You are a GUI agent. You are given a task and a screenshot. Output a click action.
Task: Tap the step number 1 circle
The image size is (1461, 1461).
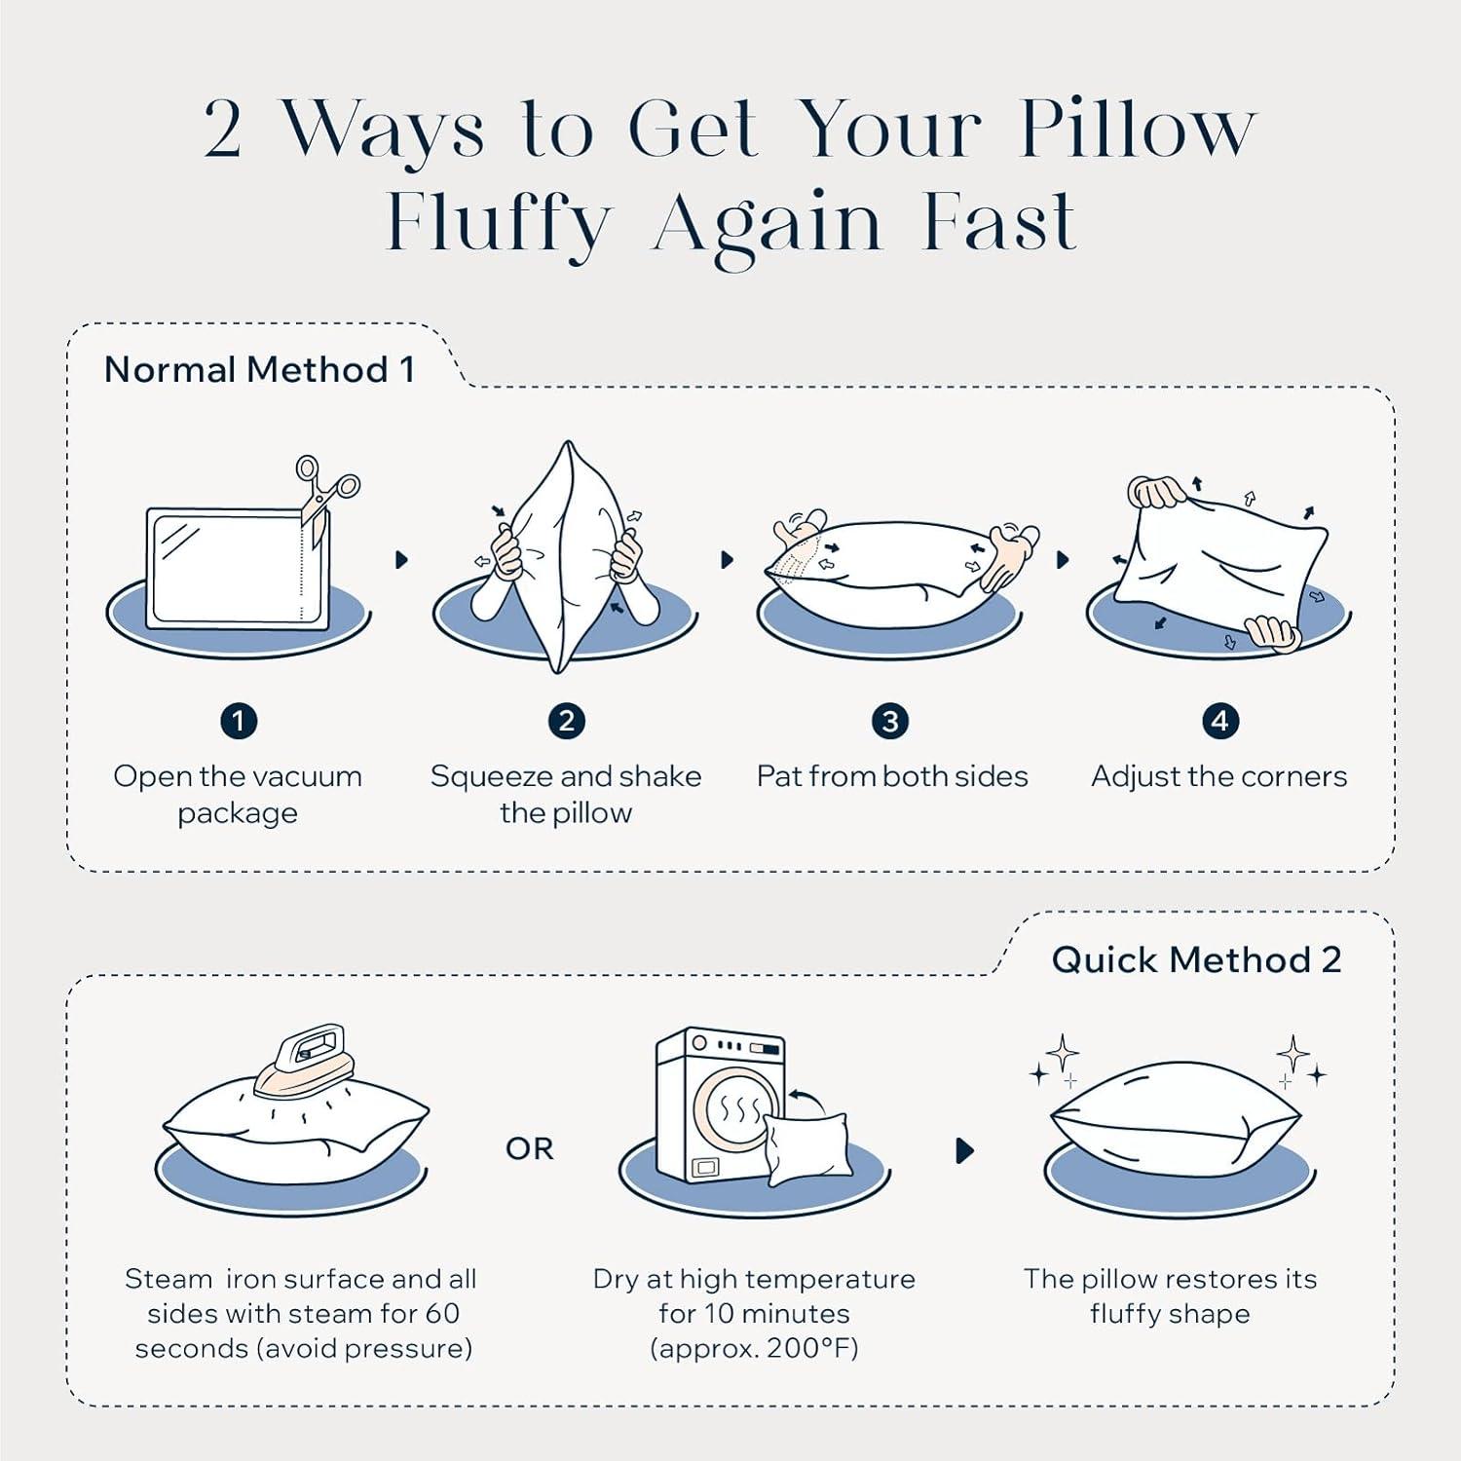(x=239, y=722)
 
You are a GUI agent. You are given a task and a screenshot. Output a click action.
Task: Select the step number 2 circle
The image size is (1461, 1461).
(x=566, y=722)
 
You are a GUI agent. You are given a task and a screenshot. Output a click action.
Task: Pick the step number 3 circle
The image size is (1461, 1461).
(x=890, y=722)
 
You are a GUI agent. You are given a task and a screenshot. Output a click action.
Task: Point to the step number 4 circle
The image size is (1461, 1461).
(x=1219, y=722)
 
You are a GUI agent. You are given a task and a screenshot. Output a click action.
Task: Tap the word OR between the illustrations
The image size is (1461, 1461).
(x=530, y=1149)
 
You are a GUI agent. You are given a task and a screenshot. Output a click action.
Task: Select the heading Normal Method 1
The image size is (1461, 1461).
(x=260, y=370)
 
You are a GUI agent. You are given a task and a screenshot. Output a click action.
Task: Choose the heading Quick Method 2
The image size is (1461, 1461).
(x=1197, y=960)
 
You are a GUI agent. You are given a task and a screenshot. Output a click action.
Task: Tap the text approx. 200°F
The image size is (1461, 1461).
(x=754, y=1349)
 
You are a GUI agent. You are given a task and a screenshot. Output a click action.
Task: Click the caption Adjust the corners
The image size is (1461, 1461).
(x=1219, y=776)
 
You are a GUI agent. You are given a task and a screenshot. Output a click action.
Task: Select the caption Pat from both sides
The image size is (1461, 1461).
(x=892, y=776)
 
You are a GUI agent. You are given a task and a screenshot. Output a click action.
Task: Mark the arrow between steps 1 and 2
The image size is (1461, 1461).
(x=401, y=560)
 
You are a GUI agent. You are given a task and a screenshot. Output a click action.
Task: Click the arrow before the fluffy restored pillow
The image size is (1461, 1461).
(x=965, y=1150)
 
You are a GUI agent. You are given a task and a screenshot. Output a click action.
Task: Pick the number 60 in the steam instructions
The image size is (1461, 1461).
(x=442, y=1314)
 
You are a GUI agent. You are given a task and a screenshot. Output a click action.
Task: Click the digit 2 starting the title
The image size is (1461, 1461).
(x=223, y=129)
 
